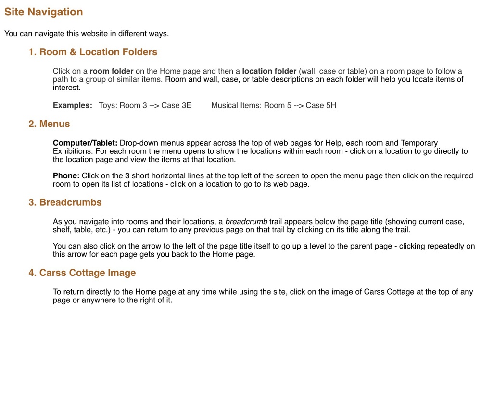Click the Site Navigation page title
pos(44,12)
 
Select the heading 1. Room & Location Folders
pos(93,52)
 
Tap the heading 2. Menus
pos(49,124)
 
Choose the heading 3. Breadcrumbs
pos(65,202)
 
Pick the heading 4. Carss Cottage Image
pos(82,273)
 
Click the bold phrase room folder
pos(112,71)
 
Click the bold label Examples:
pos(72,105)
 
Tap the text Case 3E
pos(176,105)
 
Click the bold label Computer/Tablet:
pos(85,143)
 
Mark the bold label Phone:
pos(66,175)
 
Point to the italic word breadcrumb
pos(246,222)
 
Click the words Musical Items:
pos(236,105)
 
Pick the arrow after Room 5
pos(299,105)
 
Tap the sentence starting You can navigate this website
pos(87,34)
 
